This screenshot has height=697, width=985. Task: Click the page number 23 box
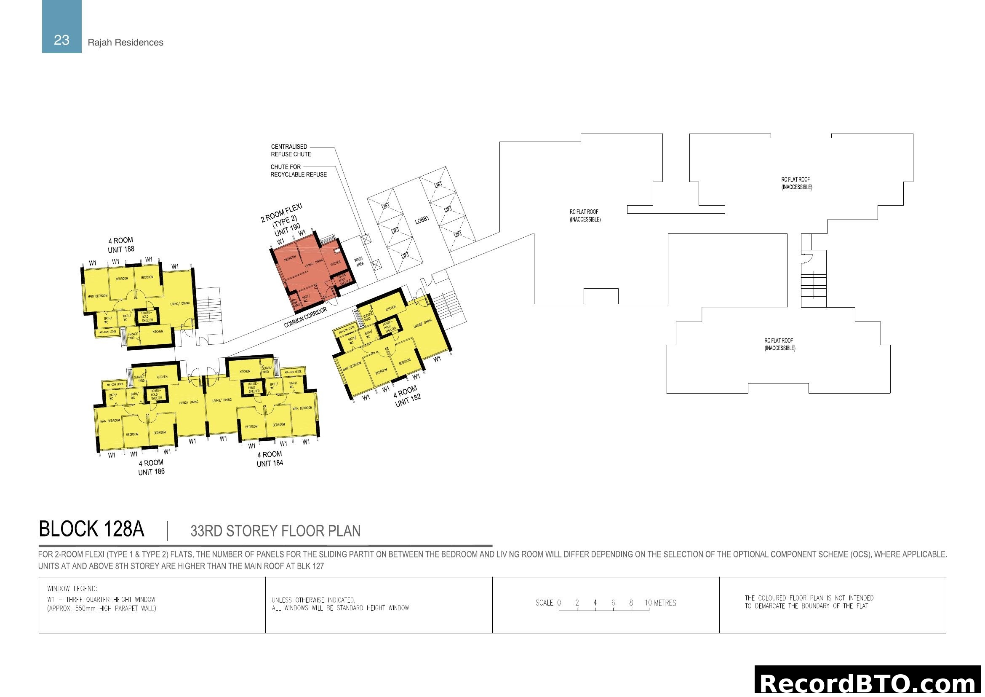62,27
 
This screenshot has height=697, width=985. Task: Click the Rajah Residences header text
125,43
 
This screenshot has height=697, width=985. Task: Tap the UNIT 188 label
121,249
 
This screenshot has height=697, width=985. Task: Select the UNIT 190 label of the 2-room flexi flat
288,230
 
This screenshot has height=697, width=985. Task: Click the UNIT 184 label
270,464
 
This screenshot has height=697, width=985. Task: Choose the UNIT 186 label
152,472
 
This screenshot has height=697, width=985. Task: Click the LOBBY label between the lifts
422,220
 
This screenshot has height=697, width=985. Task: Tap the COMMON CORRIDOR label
305,318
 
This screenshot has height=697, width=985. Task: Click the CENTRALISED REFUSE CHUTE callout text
291,150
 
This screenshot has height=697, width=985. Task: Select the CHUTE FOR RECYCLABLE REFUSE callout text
299,171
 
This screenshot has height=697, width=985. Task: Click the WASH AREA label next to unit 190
359,261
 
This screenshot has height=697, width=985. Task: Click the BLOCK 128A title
91,529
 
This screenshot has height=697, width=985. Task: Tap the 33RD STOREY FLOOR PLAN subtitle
275,531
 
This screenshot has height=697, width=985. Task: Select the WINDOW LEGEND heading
72,589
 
